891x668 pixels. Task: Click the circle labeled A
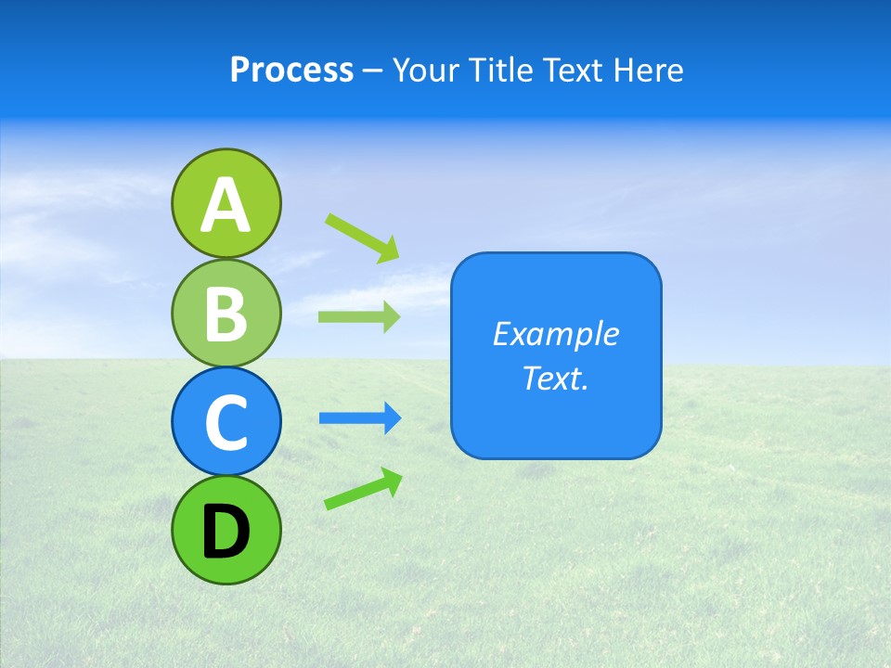(x=226, y=203)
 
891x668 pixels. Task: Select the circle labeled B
(x=226, y=313)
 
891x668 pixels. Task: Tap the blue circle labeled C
(x=226, y=421)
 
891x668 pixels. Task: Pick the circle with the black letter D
(x=226, y=530)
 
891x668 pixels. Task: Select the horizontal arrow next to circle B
(x=357, y=316)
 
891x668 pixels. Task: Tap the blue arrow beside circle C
(x=358, y=418)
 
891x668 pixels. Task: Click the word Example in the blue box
(x=555, y=334)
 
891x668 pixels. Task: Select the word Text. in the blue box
(x=555, y=378)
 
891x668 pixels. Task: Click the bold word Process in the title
(x=291, y=70)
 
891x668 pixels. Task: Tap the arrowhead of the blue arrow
(x=392, y=418)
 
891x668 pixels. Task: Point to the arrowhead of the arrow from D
(x=391, y=480)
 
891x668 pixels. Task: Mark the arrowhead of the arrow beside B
(x=391, y=316)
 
